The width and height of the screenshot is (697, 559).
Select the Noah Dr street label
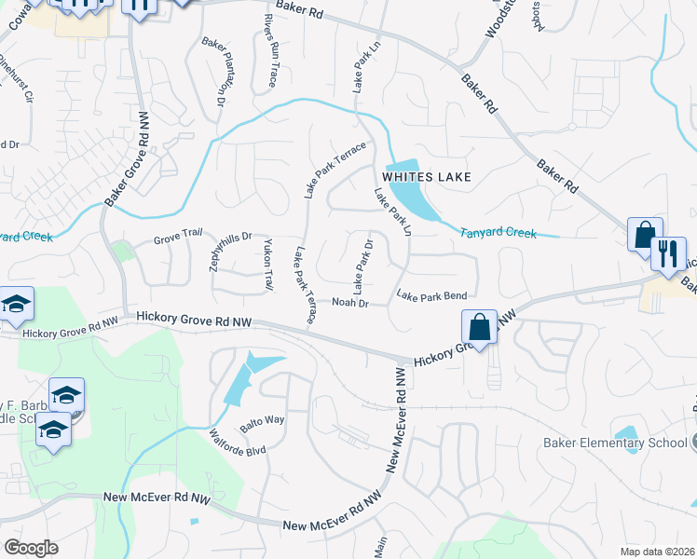350,303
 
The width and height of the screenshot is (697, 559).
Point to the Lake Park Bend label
431,296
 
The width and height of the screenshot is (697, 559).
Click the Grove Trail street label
178,235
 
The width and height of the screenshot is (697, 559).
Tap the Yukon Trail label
268,264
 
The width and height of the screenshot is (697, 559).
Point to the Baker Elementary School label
616,443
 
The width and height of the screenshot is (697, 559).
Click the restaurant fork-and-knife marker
668,252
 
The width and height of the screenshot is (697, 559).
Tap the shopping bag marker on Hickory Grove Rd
479,327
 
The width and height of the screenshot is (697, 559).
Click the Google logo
31,548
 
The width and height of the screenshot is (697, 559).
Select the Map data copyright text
658,551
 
